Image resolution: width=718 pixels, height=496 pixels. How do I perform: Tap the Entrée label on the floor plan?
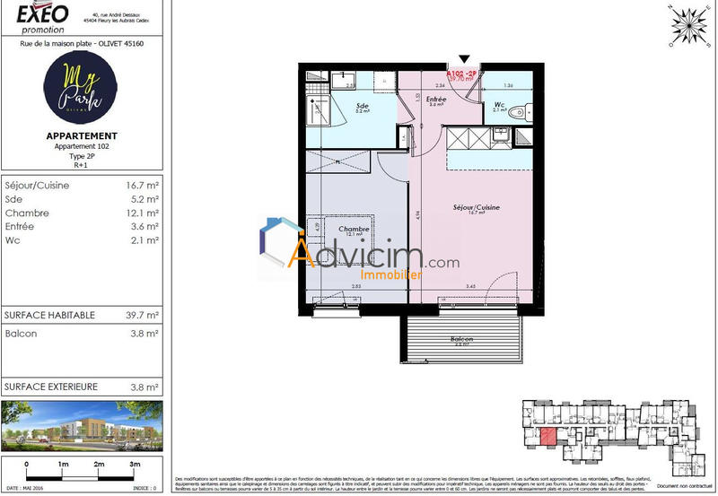click(x=436, y=100)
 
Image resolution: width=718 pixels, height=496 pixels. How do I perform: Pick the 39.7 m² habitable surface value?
click(x=142, y=315)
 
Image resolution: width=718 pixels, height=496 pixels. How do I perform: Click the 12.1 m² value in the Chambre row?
click(x=142, y=213)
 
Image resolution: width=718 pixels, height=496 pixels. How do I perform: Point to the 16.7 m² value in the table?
click(x=142, y=186)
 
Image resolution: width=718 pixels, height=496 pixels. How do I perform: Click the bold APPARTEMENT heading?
click(x=81, y=135)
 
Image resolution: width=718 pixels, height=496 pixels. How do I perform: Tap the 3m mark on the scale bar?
click(x=136, y=465)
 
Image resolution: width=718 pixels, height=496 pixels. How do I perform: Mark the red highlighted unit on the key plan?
click(x=547, y=437)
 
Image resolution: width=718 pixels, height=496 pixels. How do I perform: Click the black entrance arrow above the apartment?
click(x=464, y=58)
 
